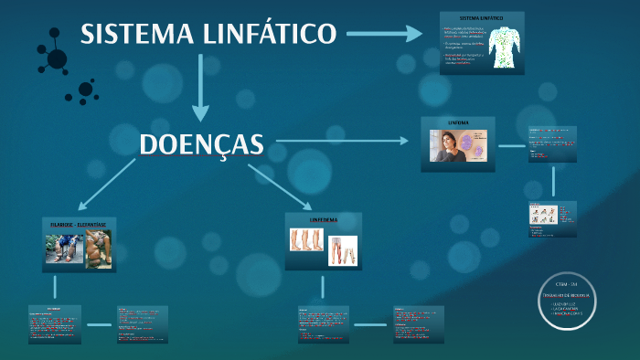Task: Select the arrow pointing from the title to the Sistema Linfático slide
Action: click(x=383, y=35)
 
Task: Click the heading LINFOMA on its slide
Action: click(x=458, y=122)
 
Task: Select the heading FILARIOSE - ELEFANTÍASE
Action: click(x=78, y=223)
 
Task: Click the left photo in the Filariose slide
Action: click(x=63, y=249)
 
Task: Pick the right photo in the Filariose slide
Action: click(x=98, y=249)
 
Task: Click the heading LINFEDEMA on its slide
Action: click(x=324, y=220)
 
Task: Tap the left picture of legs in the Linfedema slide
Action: click(x=306, y=239)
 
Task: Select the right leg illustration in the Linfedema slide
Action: click(x=343, y=250)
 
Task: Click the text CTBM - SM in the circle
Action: click(x=568, y=286)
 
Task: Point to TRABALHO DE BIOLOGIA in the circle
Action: click(x=568, y=295)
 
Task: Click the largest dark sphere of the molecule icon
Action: click(x=57, y=59)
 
